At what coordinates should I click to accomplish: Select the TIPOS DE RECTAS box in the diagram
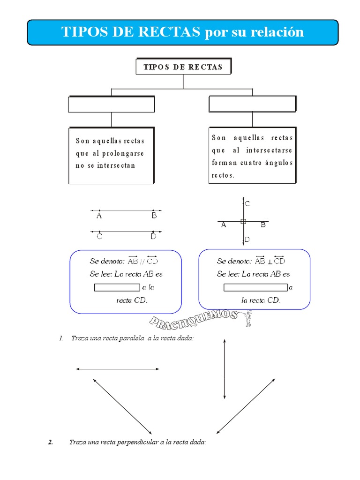[x=183, y=67]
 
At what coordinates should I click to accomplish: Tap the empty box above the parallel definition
[x=111, y=105]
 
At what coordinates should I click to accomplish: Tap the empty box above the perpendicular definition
[x=252, y=104]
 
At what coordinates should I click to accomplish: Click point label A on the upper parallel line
[x=99, y=216]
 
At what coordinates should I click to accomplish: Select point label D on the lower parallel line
[x=153, y=237]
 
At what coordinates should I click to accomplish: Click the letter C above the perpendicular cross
[x=247, y=204]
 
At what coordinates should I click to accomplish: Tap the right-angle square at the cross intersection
[x=243, y=221]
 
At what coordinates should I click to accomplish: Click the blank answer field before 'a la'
[x=117, y=287]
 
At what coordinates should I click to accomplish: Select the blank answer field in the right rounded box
[x=255, y=287]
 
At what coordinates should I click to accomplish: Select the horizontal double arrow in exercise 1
[x=118, y=369]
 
